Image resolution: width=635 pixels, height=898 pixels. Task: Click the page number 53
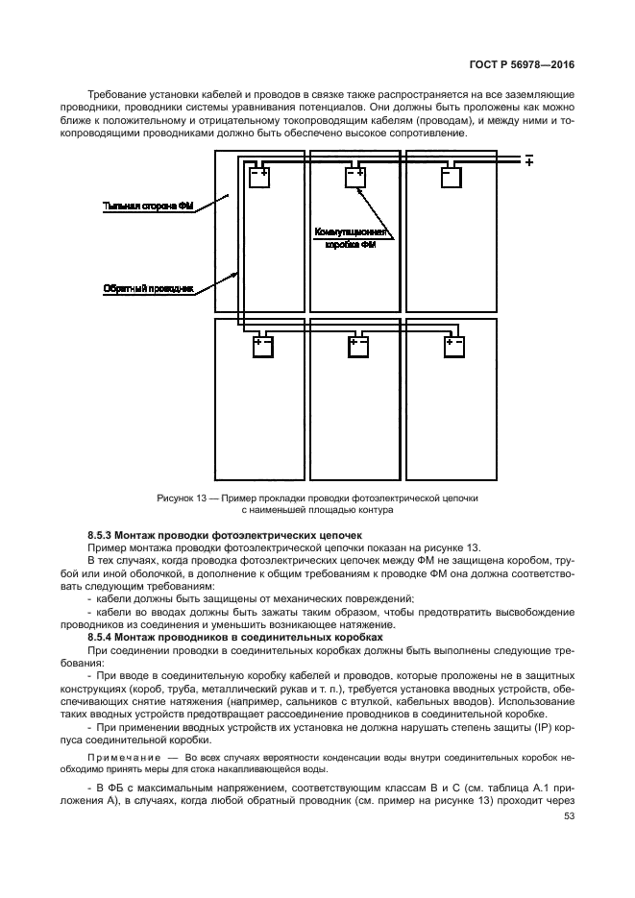pyautogui.click(x=568, y=843)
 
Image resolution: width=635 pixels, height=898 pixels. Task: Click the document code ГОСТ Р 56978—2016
pyautogui.click(x=522, y=63)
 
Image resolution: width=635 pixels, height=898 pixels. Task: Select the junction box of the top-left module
pyautogui.click(x=260, y=177)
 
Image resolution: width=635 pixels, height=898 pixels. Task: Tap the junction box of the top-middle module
pyautogui.click(x=355, y=177)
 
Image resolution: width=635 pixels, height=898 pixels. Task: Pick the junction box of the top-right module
pyautogui.click(x=452, y=177)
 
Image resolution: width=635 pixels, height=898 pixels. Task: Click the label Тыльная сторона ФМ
pyautogui.click(x=148, y=206)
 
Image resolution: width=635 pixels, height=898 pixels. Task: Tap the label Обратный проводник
pyautogui.click(x=148, y=287)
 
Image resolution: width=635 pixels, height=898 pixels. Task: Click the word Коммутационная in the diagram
pyautogui.click(x=352, y=232)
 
